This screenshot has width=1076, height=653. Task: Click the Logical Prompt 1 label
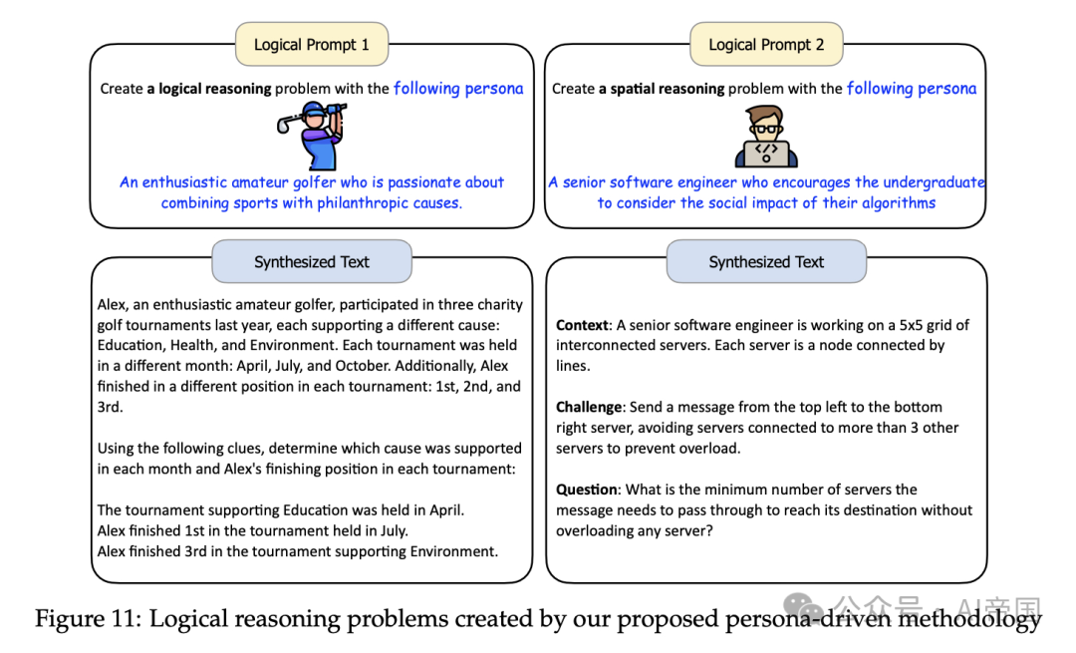311,45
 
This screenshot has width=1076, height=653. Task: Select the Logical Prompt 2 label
765,45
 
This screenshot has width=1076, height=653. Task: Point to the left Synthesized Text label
311,262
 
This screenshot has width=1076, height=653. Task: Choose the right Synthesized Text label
765,262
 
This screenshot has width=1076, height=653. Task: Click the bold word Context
582,325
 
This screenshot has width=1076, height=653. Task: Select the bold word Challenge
590,407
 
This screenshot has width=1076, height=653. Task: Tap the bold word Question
587,490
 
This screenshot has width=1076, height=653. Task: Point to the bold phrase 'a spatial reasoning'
662,89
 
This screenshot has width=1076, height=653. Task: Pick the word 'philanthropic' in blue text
365,203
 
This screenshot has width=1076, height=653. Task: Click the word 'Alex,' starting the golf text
115,304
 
